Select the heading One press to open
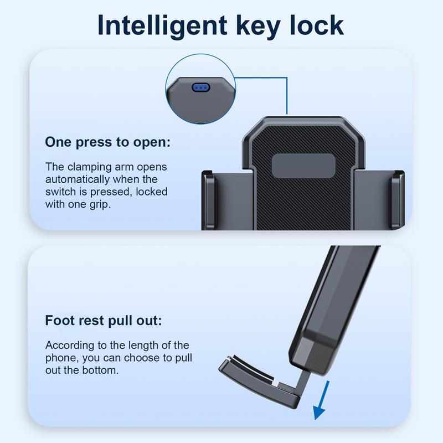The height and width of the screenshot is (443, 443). point(108,142)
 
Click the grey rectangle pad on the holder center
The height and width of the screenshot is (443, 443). point(303,165)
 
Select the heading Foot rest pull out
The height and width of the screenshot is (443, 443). point(104,321)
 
